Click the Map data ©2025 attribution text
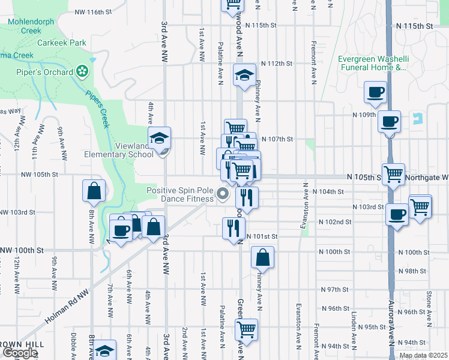[x=423, y=355]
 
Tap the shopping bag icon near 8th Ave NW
[x=95, y=191]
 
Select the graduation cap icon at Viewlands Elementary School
[x=160, y=137]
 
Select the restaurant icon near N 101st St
[x=234, y=227]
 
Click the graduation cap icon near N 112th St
[x=245, y=75]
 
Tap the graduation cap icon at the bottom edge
[x=105, y=351]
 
